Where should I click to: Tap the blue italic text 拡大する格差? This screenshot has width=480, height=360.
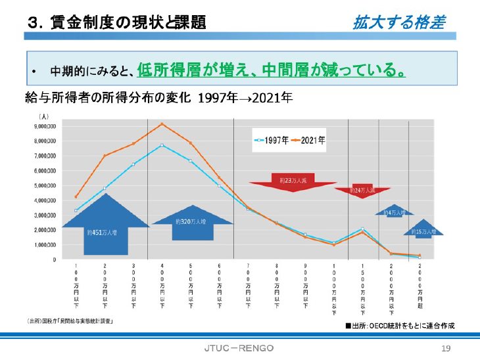click(398, 24)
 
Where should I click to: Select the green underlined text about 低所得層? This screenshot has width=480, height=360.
click(270, 69)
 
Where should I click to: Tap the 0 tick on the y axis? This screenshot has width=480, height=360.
click(55, 259)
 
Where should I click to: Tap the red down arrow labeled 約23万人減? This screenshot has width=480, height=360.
click(293, 181)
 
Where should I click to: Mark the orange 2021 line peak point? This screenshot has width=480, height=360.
click(162, 124)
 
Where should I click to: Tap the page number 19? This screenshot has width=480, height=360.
click(445, 348)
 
